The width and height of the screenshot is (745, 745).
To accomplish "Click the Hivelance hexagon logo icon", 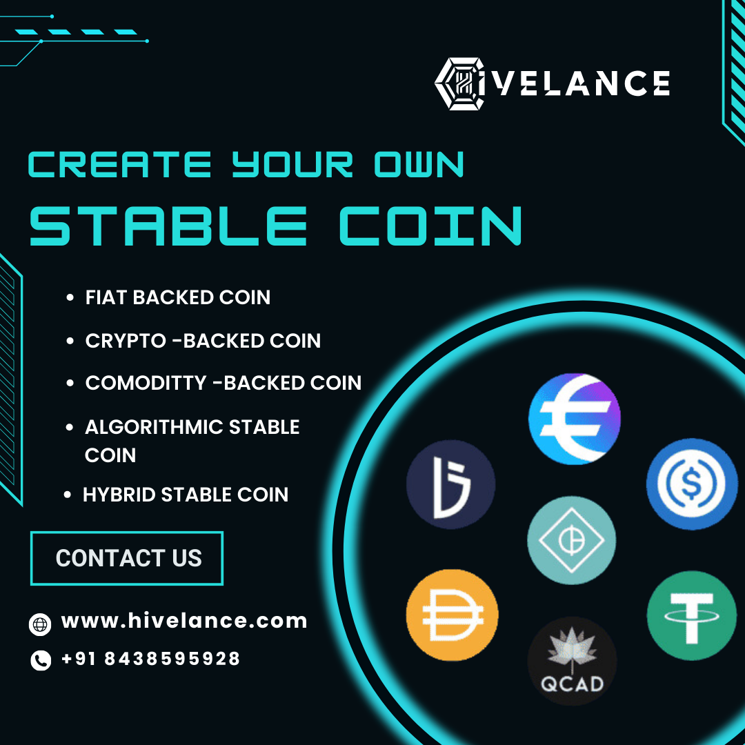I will pos(461,83).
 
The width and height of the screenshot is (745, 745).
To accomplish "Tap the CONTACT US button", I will pos(127,558).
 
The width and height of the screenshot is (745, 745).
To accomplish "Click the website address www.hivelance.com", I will pos(184,621).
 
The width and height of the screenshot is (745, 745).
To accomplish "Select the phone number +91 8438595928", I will pos(150,659).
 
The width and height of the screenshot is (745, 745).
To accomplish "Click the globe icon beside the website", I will pos(40,624).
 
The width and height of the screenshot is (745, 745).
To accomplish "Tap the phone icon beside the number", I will pos(41,661).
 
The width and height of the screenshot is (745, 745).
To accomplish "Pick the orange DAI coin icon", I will pos(452,615).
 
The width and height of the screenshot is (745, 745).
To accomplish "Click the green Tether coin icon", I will pos(692,615).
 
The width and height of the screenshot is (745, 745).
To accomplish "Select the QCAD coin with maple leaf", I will pos(572,661).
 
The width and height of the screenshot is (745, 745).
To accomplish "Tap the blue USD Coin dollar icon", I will pos(691,484).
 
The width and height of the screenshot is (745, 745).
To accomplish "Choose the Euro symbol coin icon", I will pos(574,419).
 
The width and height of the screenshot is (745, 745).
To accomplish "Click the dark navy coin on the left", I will pos(450,484).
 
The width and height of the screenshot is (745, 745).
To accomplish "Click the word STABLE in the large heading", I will pos(168,226).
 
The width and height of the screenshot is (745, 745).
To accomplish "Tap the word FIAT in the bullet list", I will pos(106,297).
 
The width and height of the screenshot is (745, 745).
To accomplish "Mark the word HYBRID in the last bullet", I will pos(119,495).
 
